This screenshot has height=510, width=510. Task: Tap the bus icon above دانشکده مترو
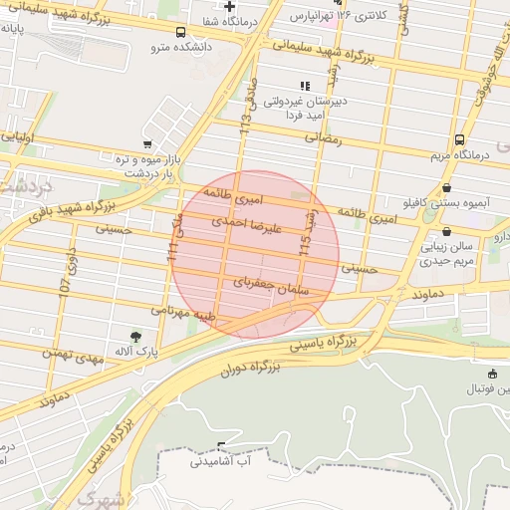[x=180, y=32]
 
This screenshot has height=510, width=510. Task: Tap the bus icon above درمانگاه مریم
[x=459, y=140]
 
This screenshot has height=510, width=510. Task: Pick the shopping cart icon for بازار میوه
[x=147, y=145]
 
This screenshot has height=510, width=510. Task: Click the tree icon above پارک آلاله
[x=135, y=336]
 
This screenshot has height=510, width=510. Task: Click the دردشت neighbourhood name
[x=26, y=186]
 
